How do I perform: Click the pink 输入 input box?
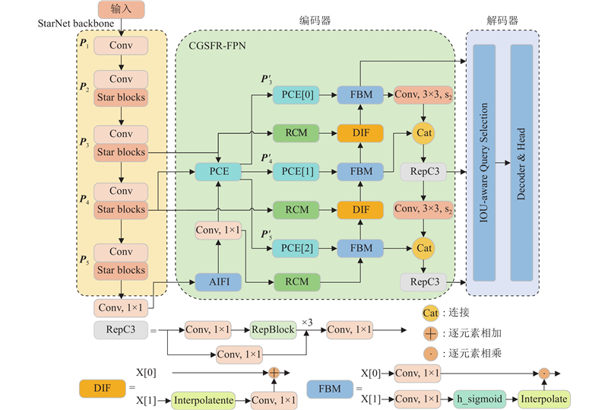point(120,9)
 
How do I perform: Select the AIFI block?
point(218,282)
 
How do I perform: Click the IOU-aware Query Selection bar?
point(485,163)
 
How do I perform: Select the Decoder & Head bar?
point(522,163)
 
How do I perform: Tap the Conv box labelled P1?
point(121,46)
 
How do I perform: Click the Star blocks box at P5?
point(121,270)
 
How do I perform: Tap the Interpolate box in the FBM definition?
point(545,399)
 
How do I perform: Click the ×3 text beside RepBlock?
point(307,323)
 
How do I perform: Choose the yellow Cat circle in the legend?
point(430,312)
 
